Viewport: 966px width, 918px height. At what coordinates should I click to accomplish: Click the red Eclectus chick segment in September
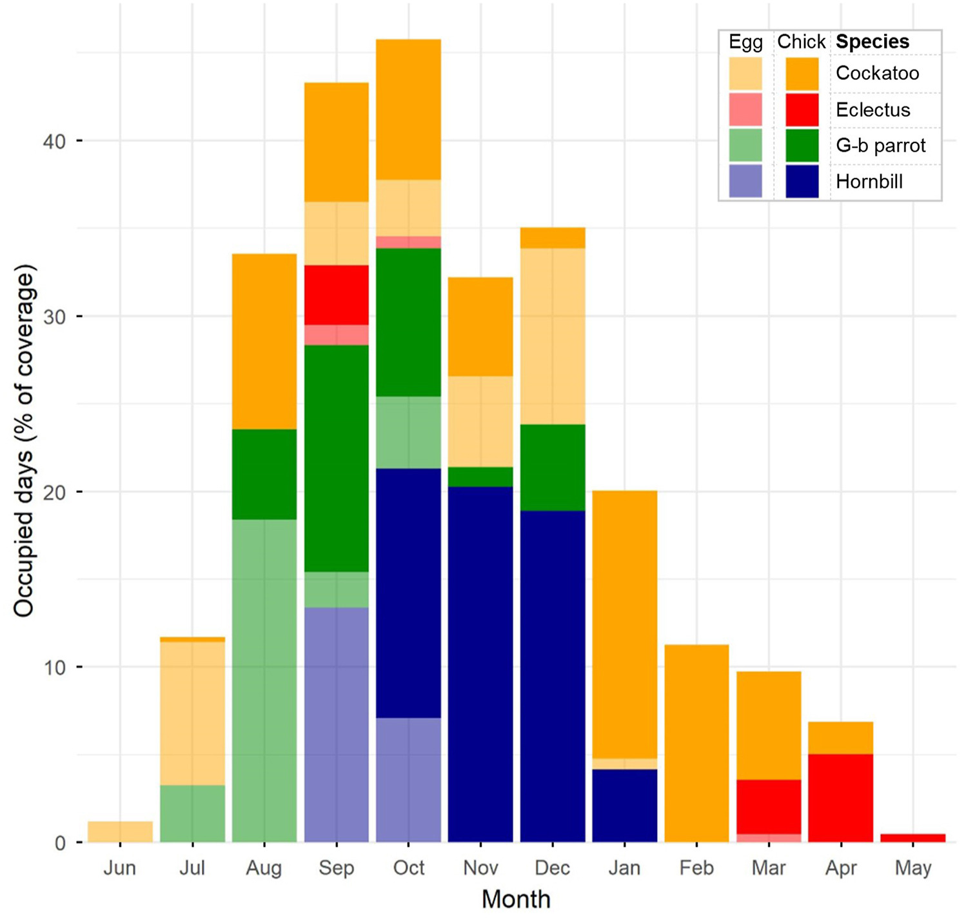click(x=336, y=295)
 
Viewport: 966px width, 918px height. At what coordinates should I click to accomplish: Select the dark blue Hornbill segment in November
click(x=480, y=664)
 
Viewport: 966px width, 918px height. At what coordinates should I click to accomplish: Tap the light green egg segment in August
click(x=264, y=681)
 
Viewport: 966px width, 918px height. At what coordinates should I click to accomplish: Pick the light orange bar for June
click(x=120, y=832)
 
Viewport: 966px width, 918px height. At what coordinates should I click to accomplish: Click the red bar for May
click(x=912, y=838)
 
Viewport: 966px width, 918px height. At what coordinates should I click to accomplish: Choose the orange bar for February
click(x=696, y=743)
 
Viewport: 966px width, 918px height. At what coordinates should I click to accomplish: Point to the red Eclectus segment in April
click(x=840, y=797)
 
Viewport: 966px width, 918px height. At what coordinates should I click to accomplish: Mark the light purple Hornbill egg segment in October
click(x=408, y=780)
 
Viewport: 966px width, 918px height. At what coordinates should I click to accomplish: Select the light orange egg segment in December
click(x=553, y=336)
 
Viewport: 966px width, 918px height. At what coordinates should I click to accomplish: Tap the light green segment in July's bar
click(x=192, y=813)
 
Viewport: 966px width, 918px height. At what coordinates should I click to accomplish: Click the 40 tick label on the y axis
click(x=54, y=141)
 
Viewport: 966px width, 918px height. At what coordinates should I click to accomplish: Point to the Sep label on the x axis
click(x=336, y=868)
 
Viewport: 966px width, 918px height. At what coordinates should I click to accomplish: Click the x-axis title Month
click(x=516, y=899)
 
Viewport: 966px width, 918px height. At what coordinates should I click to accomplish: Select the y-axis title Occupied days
click(x=24, y=441)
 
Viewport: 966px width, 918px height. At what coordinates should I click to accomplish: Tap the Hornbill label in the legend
click(x=869, y=181)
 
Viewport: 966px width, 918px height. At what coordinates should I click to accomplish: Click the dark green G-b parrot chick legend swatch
click(x=802, y=145)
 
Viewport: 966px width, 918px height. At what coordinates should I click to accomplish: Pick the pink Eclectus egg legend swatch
click(x=745, y=110)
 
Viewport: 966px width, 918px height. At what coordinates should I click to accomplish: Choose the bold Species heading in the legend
click(x=872, y=42)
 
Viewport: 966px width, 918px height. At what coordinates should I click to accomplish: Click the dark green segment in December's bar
click(x=553, y=467)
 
